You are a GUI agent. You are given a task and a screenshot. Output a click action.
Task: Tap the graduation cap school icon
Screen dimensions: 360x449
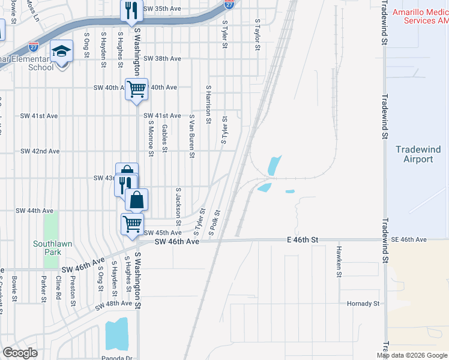pos(62,52)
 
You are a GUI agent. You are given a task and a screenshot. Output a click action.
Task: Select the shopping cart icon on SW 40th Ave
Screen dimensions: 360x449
pos(136,89)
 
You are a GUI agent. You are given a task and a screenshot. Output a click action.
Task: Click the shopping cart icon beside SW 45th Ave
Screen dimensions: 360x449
pos(133,224)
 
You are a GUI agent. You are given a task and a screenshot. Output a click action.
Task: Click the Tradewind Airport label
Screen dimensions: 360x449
pos(418,154)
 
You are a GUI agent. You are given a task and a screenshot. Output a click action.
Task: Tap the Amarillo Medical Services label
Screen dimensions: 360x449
pos(420,16)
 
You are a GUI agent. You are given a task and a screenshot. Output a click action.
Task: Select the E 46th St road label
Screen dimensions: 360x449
pos(303,239)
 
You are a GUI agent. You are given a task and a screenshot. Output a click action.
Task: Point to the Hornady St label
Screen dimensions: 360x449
pos(363,304)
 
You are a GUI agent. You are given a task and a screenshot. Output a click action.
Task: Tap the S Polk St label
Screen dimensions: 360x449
pos(215,221)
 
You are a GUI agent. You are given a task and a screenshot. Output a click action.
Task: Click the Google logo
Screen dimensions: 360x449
pos(20,353)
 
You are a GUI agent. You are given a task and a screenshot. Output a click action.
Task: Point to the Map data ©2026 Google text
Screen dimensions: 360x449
pos(412,355)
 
